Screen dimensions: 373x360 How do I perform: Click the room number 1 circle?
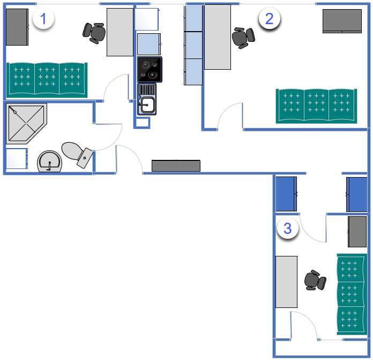43,19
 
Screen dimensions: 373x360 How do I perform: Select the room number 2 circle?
269,19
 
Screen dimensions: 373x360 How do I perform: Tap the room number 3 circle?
288,228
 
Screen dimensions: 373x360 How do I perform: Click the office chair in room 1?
94,33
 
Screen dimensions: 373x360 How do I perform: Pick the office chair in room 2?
243,38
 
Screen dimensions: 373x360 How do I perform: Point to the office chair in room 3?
315,280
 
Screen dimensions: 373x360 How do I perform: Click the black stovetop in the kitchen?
150,70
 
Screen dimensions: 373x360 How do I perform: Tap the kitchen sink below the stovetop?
147,99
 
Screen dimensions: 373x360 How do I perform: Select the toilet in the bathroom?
77,154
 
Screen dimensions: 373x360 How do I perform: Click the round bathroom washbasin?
50,161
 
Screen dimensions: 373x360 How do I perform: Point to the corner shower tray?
25,123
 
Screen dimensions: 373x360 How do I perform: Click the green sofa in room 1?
47,80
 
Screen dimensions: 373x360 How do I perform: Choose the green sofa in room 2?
317,106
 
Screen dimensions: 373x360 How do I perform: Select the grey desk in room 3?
286,282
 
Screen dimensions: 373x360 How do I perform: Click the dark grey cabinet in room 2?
342,21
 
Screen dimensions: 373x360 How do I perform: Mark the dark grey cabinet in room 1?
17,27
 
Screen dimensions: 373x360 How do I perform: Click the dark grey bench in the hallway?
176,166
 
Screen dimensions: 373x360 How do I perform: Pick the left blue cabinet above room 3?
286,194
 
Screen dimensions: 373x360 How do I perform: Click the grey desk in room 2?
218,37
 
